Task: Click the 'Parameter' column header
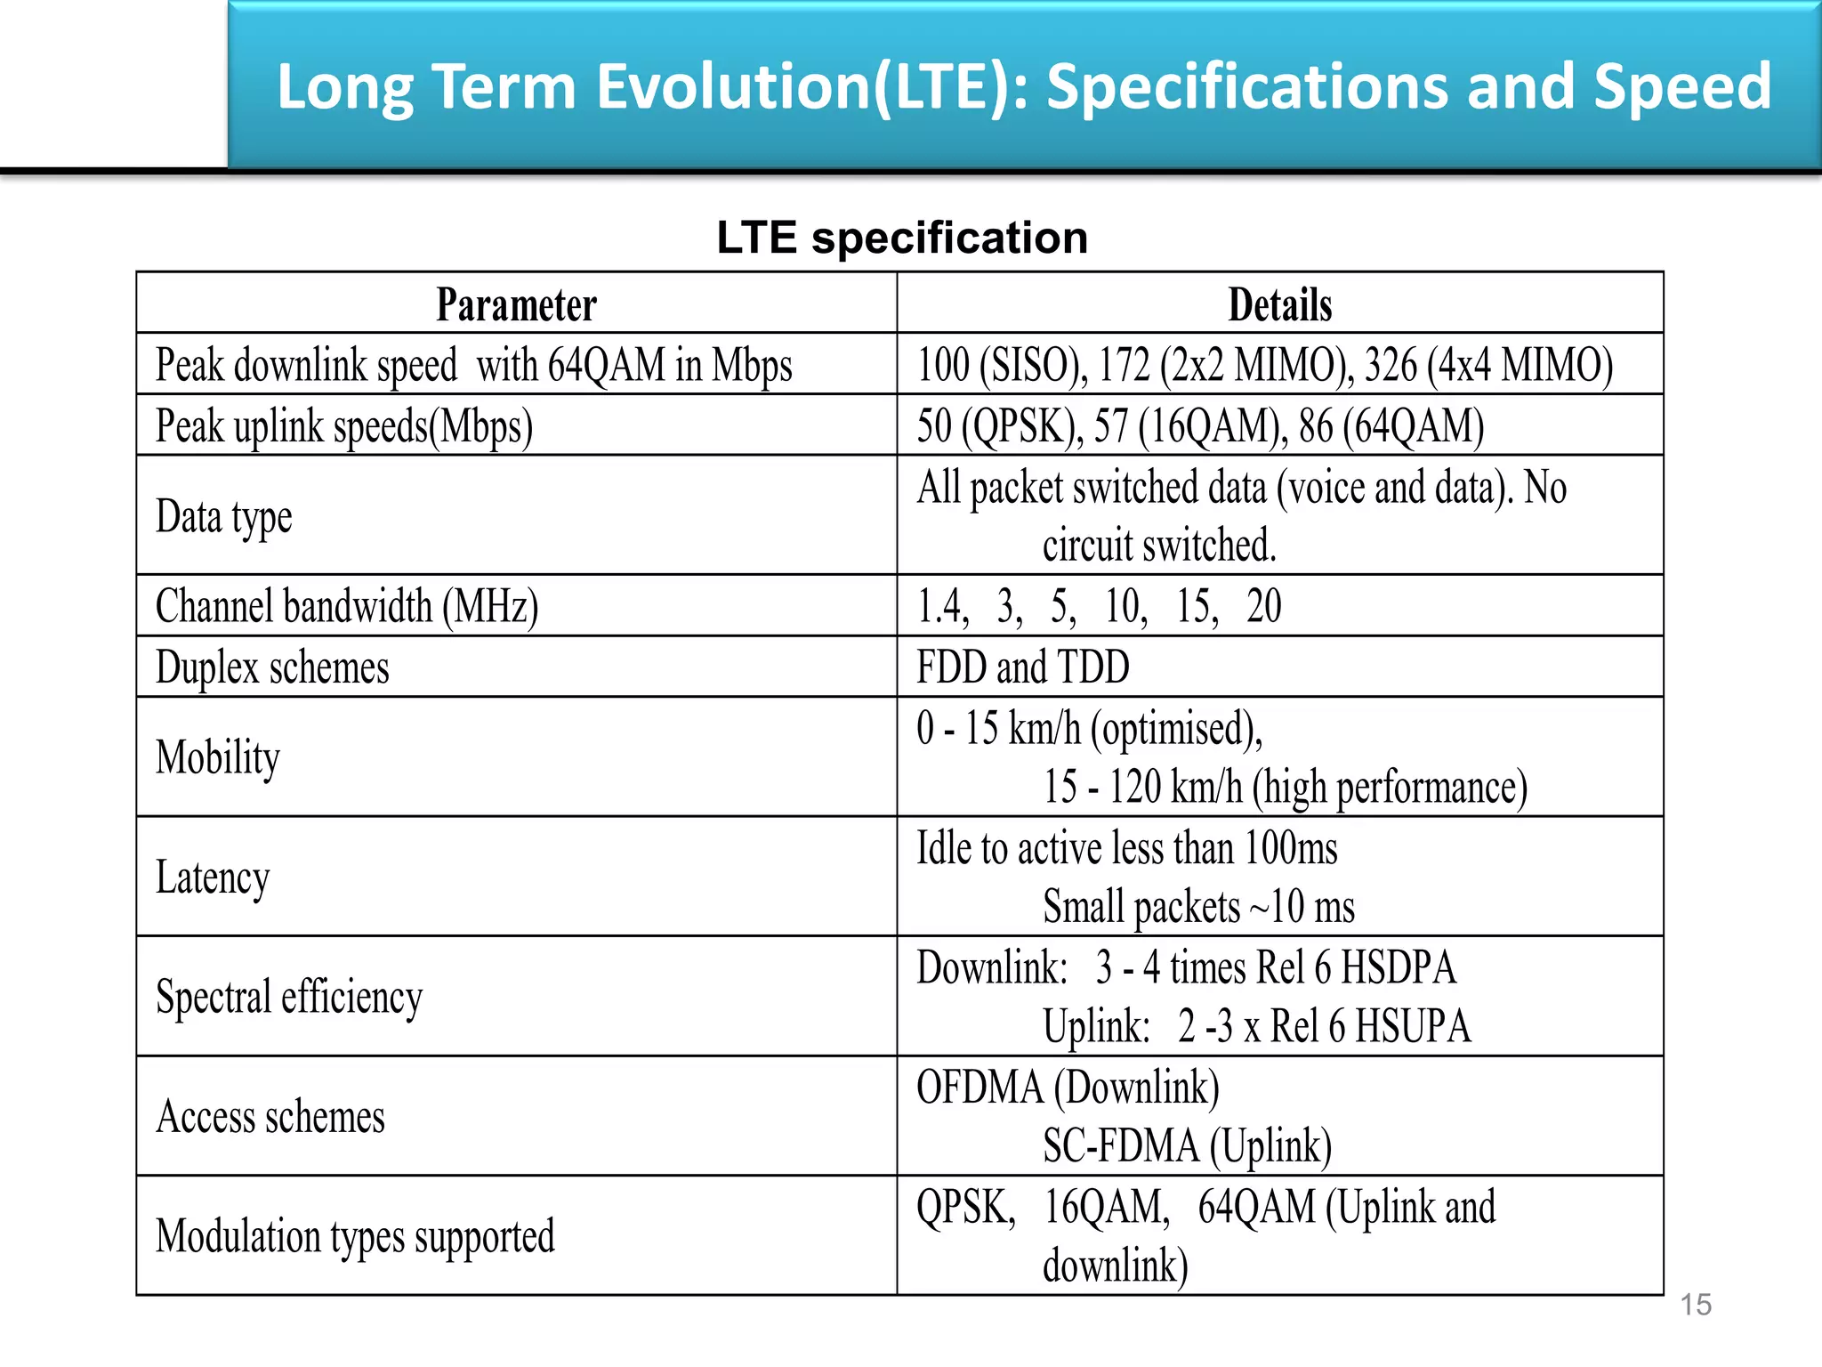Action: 516,305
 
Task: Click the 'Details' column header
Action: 1279,305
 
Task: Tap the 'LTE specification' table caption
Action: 902,238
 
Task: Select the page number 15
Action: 1696,1305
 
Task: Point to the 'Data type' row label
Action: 224,517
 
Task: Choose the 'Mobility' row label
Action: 218,757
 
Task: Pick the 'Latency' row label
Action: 213,878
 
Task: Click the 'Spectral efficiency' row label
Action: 289,997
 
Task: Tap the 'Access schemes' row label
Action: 270,1117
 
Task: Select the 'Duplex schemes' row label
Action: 272,667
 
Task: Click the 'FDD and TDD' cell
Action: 1023,667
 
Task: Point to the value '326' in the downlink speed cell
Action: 1391,365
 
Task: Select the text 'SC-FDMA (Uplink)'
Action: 1187,1145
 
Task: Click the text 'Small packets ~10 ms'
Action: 1198,907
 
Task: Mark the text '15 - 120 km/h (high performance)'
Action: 1285,787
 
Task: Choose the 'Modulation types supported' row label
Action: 355,1237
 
